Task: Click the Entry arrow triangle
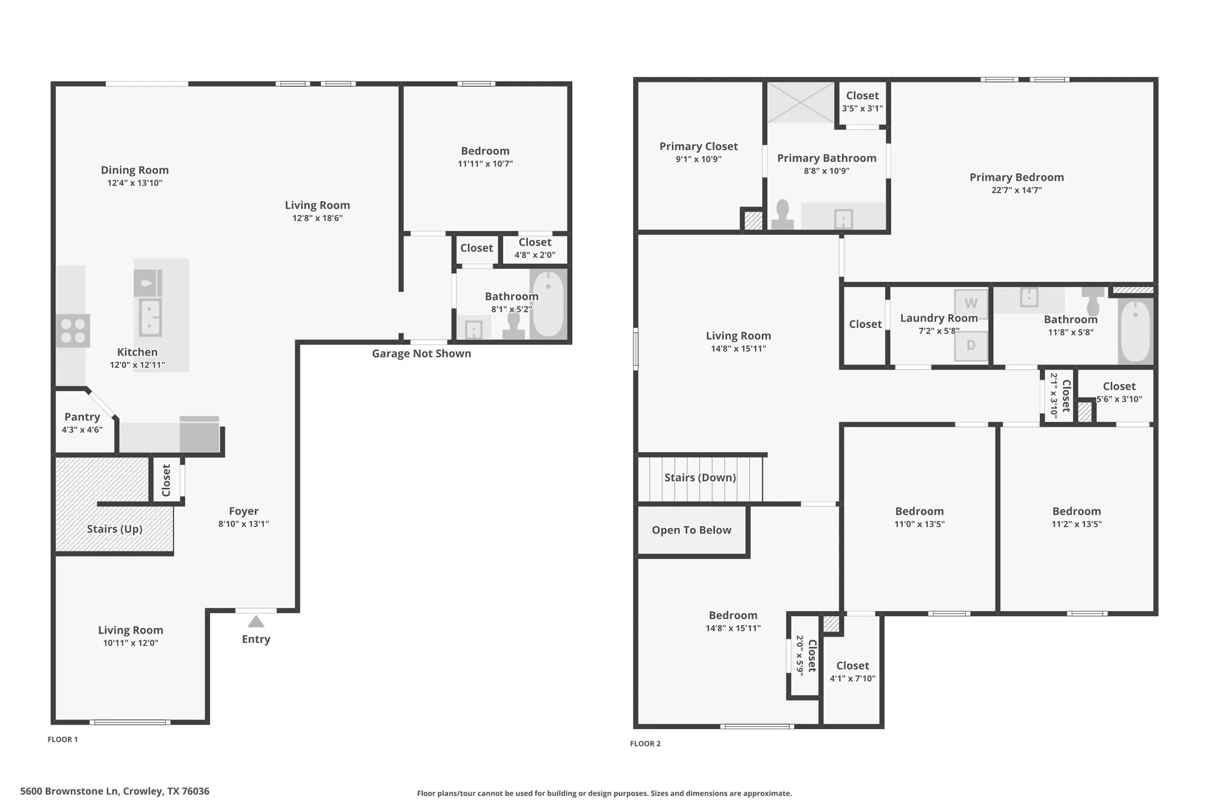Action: [x=255, y=621]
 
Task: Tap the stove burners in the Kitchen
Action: [x=73, y=331]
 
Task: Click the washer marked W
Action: [x=970, y=303]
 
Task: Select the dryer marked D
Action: [x=970, y=345]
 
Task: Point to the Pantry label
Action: [x=82, y=417]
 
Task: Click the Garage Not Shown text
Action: [x=421, y=353]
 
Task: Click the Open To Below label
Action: [x=691, y=530]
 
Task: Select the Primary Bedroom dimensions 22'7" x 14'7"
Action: [x=1016, y=190]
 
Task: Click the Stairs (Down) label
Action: [x=700, y=478]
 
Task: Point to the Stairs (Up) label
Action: [x=115, y=529]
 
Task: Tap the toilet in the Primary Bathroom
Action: [x=782, y=215]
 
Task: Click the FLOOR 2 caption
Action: [x=645, y=744]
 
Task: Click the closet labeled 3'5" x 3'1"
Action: [x=862, y=102]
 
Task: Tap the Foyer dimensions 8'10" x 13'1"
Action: [x=243, y=524]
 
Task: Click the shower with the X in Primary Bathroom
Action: [x=800, y=102]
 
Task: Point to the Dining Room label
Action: [x=135, y=170]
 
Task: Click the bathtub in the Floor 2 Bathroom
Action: [x=1135, y=331]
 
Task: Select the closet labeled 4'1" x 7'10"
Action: [x=852, y=671]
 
